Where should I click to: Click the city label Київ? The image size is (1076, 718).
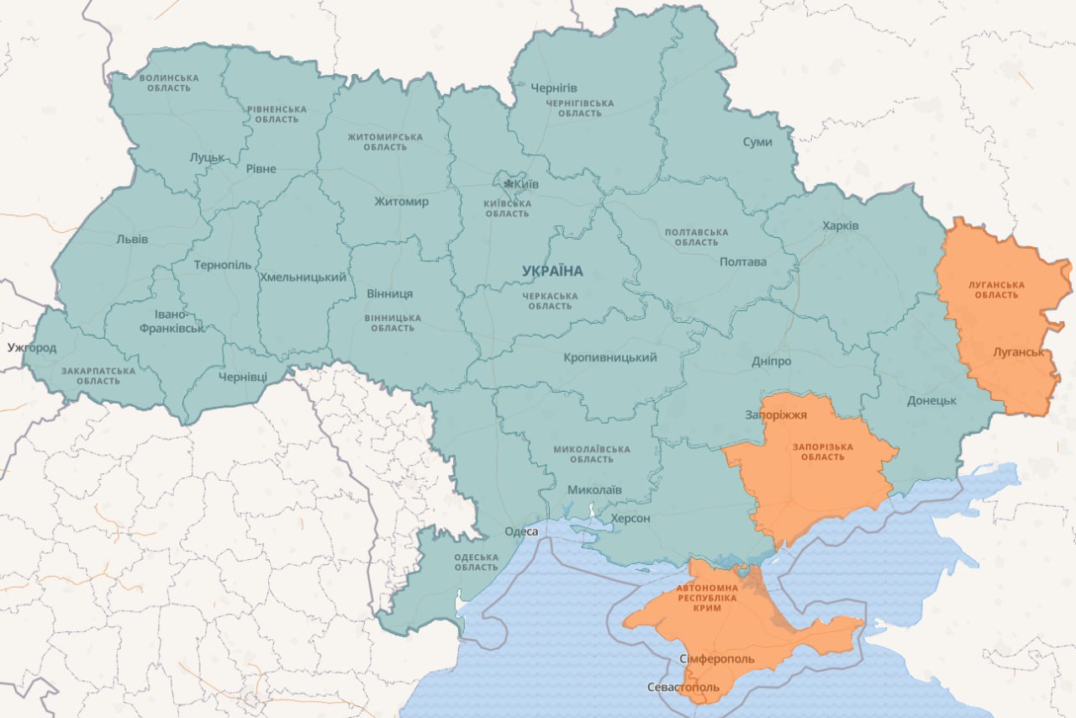coord(526,185)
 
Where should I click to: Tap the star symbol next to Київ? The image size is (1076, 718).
coord(509,184)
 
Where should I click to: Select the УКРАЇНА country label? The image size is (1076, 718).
coord(551,271)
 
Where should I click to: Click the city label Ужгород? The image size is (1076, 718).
coord(31,347)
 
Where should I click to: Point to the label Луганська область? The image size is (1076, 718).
coord(996,290)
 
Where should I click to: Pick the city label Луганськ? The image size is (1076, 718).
coord(1018,352)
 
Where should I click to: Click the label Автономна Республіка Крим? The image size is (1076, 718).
coord(707,597)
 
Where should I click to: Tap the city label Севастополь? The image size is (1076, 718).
coord(683,687)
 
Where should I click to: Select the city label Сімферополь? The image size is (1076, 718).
coord(716,658)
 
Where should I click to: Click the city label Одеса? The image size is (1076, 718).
coord(521,531)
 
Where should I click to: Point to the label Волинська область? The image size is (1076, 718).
coord(169,83)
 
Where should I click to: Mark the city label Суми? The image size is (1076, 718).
coord(757,142)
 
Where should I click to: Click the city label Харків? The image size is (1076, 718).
coord(841,226)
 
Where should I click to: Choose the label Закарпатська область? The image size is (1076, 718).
coord(98,376)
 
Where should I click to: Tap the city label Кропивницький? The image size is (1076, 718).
coord(609,358)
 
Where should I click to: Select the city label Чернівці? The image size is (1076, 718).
coord(242,377)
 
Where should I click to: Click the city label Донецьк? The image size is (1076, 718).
coord(931,400)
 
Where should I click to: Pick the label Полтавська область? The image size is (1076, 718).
coord(696,237)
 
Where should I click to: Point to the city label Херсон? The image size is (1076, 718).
coord(630,518)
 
